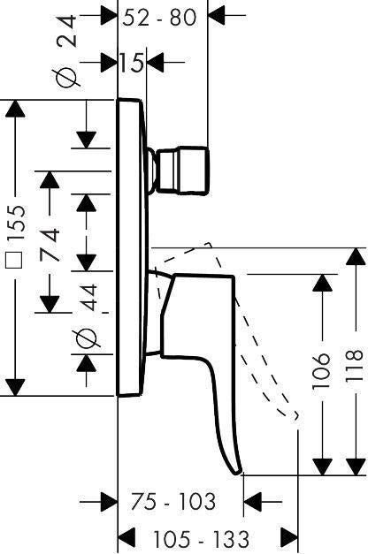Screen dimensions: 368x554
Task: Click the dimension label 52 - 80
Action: (x=159, y=17)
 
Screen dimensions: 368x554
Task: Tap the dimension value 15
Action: (x=132, y=63)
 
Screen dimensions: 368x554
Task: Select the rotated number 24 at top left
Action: (x=66, y=31)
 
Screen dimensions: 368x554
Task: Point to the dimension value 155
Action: (x=16, y=223)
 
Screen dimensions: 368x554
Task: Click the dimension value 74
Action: (x=50, y=245)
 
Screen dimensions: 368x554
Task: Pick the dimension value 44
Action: (x=87, y=298)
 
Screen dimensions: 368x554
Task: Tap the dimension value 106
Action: (x=321, y=371)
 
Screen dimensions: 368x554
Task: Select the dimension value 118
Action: (x=355, y=365)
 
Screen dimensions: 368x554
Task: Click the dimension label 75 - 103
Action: (x=173, y=501)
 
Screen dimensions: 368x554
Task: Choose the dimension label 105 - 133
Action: (x=201, y=539)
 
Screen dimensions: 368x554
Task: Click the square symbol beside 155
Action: (x=15, y=260)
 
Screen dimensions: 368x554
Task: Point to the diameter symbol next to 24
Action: (x=66, y=77)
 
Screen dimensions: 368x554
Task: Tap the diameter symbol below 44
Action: (x=87, y=338)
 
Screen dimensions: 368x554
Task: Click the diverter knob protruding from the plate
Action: (x=181, y=171)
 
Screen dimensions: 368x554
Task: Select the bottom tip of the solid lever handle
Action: (x=236, y=473)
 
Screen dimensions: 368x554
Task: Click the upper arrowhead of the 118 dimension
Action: (x=356, y=256)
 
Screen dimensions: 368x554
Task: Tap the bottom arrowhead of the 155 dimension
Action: (x=15, y=387)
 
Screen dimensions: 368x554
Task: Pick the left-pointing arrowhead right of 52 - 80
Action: (x=217, y=16)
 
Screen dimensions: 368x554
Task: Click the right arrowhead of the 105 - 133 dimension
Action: (x=289, y=537)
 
